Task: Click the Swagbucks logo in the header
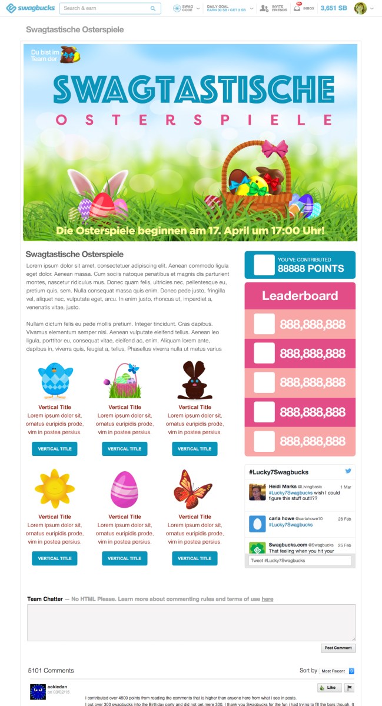28,8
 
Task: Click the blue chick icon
55,381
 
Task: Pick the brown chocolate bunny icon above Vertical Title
194,381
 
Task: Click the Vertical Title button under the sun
54,558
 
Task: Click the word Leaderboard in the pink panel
300,296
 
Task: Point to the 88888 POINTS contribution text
311,269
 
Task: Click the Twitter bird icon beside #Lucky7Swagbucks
348,471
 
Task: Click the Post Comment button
338,648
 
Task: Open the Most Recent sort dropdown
337,671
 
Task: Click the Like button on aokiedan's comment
329,687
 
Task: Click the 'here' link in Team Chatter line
267,599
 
